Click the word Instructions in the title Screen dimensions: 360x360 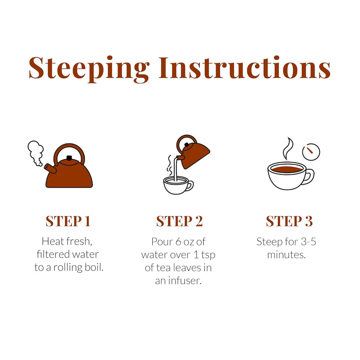tap(245, 68)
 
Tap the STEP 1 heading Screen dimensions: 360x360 tap(68, 221)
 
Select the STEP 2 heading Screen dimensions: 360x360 tap(180, 221)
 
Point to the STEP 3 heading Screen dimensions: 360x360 tap(289, 221)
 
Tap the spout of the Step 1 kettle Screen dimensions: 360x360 tap(50, 168)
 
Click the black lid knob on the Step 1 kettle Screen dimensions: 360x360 tap(69, 158)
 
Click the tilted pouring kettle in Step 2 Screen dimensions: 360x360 tap(193, 153)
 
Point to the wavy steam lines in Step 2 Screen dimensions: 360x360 tap(169, 165)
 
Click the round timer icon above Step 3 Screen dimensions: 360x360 tap(311, 152)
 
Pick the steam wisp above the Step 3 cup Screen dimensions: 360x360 tap(288, 149)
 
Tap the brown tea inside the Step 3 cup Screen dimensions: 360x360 tap(287, 169)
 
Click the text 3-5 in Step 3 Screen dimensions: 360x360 tap(308, 242)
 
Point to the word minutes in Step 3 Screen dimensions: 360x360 tap(287, 255)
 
